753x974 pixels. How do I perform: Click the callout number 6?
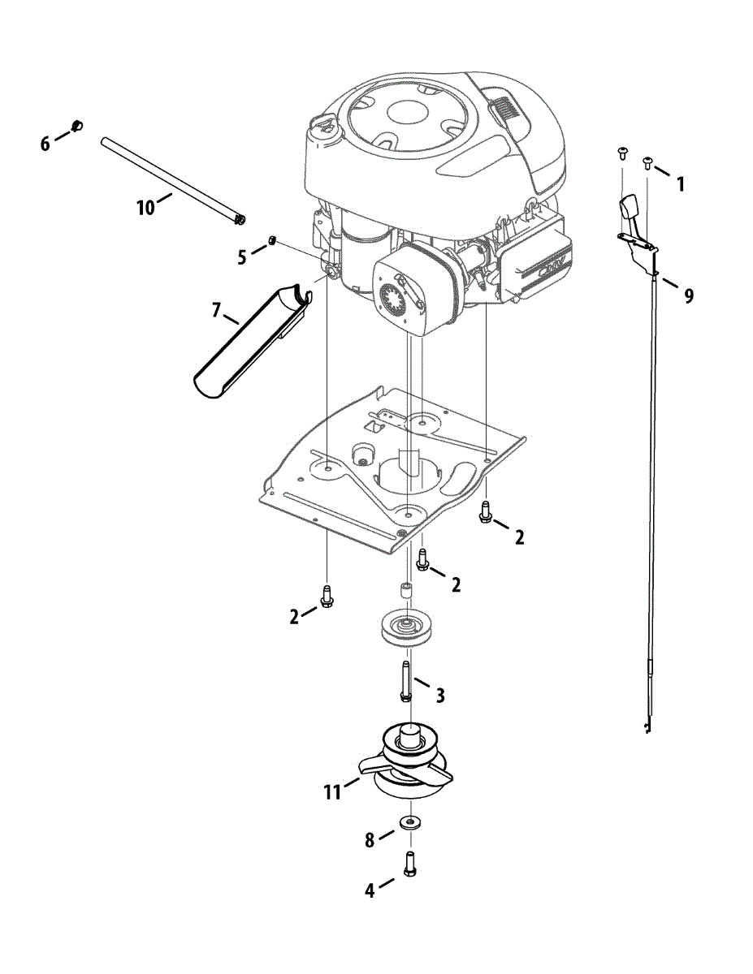point(45,144)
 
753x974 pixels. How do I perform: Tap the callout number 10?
point(145,208)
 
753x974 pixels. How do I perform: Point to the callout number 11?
point(332,791)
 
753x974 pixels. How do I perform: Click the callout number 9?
point(689,296)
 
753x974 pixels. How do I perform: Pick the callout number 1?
point(680,184)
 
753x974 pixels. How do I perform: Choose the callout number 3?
point(439,695)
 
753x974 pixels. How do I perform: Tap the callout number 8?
point(370,841)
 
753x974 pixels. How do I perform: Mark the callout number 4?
point(370,890)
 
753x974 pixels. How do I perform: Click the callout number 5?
point(242,257)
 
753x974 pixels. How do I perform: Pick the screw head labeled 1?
point(648,162)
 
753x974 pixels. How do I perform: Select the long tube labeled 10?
point(171,179)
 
